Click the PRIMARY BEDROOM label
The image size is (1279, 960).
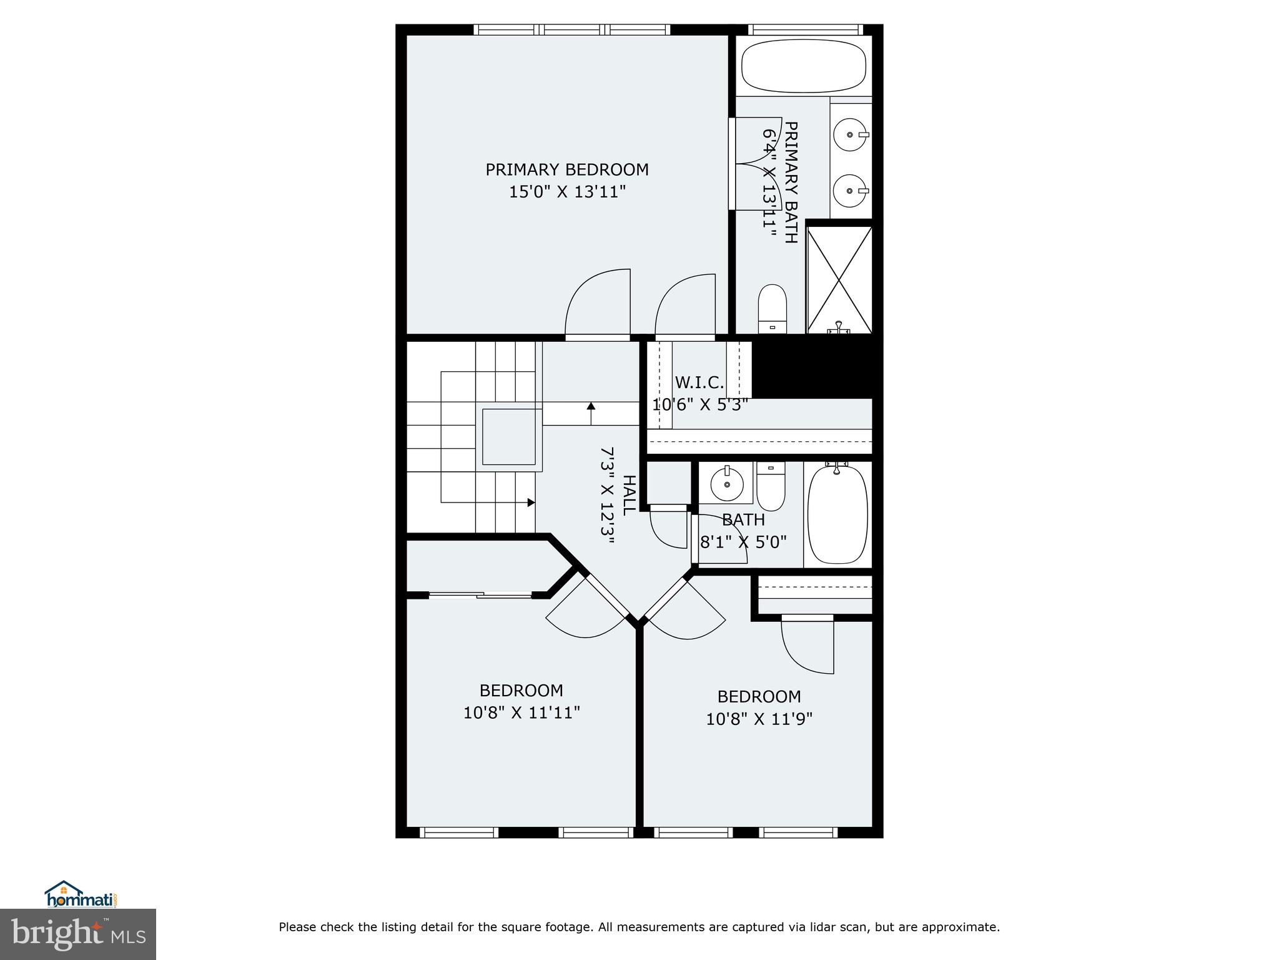[x=566, y=170]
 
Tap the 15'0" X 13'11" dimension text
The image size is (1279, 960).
[x=566, y=192]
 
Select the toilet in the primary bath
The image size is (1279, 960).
[x=772, y=308]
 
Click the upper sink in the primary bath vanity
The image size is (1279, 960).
[x=850, y=134]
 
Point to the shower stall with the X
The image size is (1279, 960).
[x=839, y=279]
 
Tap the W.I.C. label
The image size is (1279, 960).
[x=699, y=382]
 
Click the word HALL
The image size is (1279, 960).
[x=630, y=494]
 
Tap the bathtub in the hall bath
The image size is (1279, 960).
[x=837, y=514]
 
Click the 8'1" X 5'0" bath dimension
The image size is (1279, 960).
[x=743, y=542]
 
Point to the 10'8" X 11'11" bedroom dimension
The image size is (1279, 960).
[x=521, y=712]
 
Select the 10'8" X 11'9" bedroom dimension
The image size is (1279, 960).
[x=759, y=719]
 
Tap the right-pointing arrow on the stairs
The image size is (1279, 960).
[x=531, y=502]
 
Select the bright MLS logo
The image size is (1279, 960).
[x=77, y=934]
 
